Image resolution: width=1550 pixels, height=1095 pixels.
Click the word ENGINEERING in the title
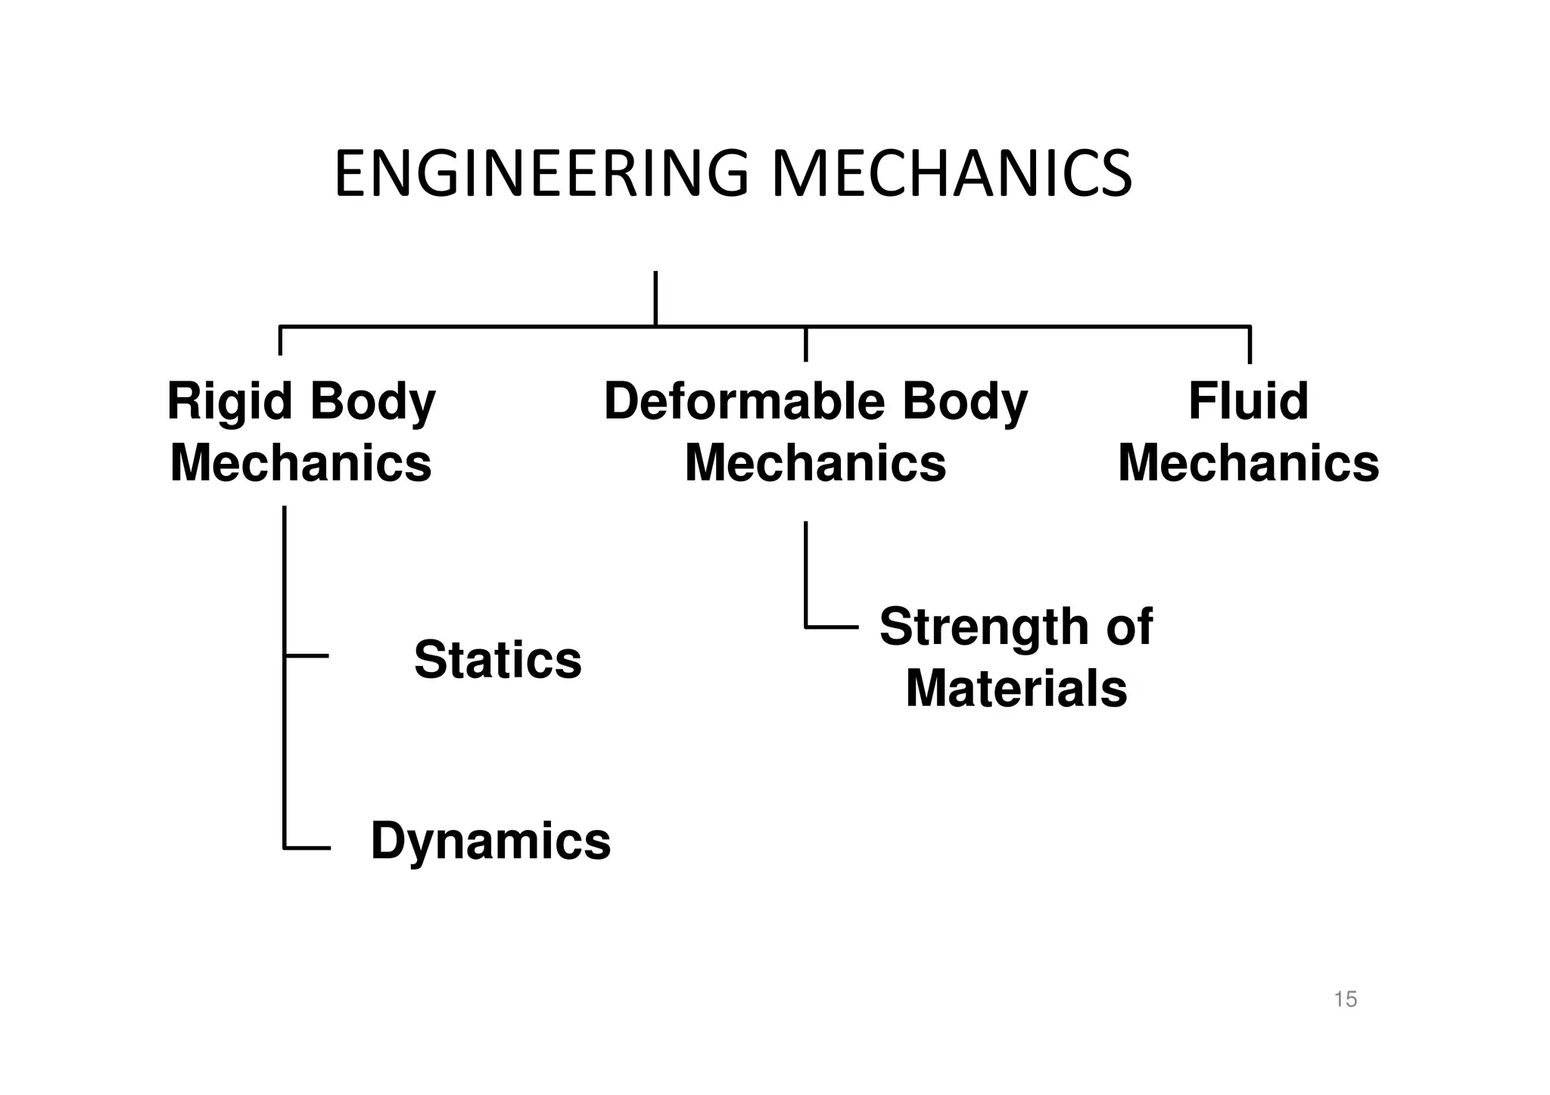[x=541, y=175]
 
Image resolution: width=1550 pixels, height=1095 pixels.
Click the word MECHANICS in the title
[x=951, y=175]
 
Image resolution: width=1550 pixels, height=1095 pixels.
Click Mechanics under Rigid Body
[x=300, y=463]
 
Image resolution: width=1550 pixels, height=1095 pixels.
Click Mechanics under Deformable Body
[x=815, y=463]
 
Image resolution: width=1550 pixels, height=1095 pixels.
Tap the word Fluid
[x=1248, y=402]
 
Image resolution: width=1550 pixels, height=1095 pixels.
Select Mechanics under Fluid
[x=1248, y=463]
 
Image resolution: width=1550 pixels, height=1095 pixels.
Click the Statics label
[x=497, y=660]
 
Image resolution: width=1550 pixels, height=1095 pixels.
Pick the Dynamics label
[x=490, y=841]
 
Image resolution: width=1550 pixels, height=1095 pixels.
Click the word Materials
[x=1016, y=689]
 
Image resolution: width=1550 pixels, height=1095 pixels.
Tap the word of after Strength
[x=1129, y=627]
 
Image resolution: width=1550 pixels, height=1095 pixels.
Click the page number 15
[x=1345, y=1000]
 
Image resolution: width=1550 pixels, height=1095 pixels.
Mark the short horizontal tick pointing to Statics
[x=307, y=655]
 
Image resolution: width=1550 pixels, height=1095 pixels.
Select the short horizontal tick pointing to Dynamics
[x=307, y=848]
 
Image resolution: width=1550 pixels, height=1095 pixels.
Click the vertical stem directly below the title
[x=655, y=298]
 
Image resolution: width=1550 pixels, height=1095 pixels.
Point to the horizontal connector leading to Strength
[x=832, y=627]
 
